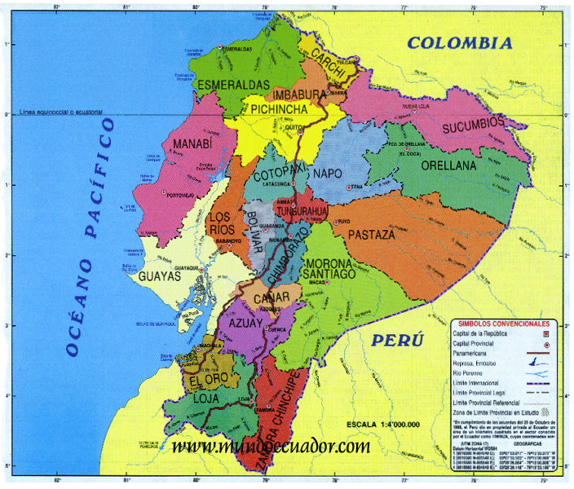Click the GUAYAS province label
click(159, 276)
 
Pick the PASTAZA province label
click(372, 235)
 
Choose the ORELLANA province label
click(448, 165)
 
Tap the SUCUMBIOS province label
click(474, 126)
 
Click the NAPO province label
click(328, 174)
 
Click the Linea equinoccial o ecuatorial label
click(57, 110)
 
